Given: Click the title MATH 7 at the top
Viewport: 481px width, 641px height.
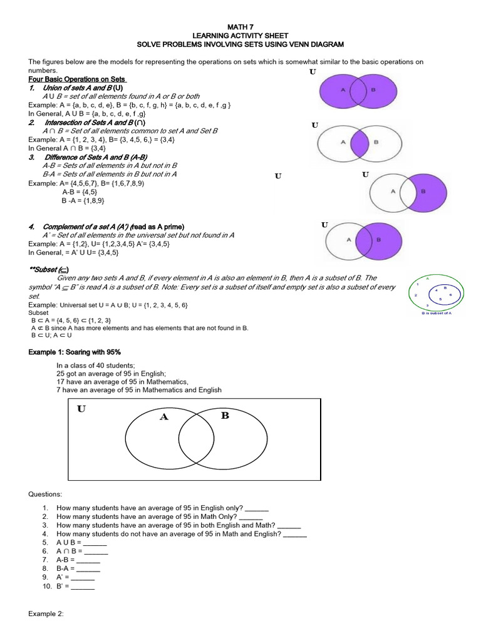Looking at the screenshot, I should (x=240, y=26).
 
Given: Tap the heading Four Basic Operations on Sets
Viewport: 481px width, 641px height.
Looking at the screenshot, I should (x=77, y=79).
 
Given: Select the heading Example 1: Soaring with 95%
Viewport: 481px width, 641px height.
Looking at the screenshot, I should (x=75, y=352).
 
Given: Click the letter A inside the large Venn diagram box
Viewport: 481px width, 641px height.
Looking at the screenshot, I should (x=164, y=418).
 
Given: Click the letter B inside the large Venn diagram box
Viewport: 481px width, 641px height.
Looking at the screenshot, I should (x=225, y=416).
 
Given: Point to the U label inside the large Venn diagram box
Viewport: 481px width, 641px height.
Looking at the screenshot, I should (x=81, y=409).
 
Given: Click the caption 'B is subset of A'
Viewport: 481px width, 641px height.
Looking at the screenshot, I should (x=437, y=312).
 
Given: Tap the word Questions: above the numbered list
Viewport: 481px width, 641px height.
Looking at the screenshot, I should (x=45, y=494).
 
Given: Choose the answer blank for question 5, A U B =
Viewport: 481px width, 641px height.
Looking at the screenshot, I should (x=95, y=543).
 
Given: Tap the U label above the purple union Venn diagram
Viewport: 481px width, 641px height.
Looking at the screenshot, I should (x=313, y=72).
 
